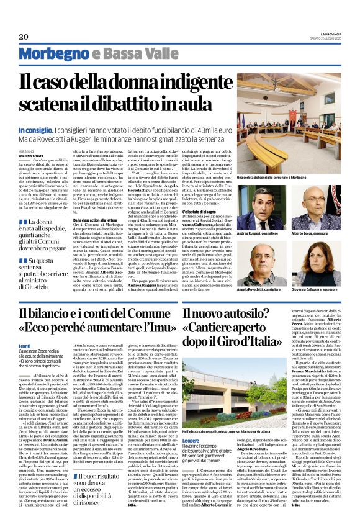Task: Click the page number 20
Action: click(24, 37)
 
